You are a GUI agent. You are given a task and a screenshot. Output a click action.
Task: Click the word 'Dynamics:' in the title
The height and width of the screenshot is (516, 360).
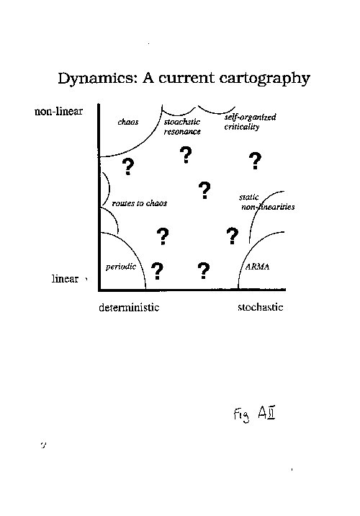click(98, 79)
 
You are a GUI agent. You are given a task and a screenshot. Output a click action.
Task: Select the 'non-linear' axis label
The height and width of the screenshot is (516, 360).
click(58, 111)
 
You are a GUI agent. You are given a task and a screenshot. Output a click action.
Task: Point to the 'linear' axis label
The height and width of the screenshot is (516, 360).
click(65, 279)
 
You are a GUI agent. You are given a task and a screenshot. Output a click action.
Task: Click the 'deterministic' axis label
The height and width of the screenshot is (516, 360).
click(129, 307)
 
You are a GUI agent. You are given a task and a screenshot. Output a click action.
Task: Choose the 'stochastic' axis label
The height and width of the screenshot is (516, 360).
click(261, 307)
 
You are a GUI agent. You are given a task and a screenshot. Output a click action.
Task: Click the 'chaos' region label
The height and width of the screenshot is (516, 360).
click(128, 122)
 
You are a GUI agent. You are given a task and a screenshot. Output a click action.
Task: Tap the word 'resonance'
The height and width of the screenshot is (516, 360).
click(182, 132)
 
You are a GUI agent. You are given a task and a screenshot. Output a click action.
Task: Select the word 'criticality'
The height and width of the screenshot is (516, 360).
click(242, 127)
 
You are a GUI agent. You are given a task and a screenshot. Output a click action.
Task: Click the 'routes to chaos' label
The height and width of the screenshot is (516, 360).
click(140, 203)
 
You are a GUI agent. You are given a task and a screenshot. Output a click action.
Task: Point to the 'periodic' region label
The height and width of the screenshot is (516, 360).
click(121, 267)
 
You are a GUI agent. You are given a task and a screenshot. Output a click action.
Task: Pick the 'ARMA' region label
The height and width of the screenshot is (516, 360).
click(258, 267)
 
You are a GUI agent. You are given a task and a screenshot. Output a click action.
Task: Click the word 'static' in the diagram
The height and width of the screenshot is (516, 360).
click(249, 197)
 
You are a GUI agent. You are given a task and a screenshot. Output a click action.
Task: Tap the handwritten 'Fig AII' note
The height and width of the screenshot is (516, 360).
click(254, 414)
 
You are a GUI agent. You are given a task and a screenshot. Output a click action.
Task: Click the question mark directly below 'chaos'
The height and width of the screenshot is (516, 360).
click(128, 166)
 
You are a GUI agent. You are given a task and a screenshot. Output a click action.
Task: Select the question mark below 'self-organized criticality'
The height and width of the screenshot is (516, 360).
click(255, 161)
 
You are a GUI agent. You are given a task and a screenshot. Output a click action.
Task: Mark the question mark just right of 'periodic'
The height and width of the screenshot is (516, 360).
click(157, 271)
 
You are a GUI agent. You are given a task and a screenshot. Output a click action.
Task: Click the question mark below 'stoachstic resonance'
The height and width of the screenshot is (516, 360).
click(186, 156)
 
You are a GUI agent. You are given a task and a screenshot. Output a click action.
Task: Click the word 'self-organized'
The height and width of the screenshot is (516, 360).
click(250, 117)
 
